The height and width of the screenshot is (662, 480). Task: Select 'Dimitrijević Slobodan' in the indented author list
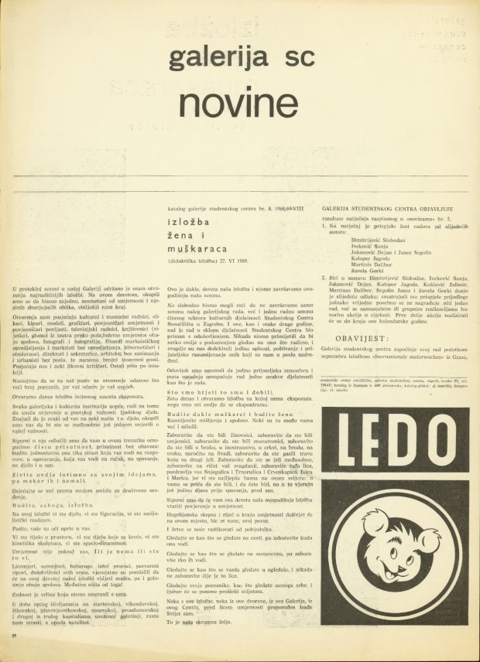click(x=369, y=237)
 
